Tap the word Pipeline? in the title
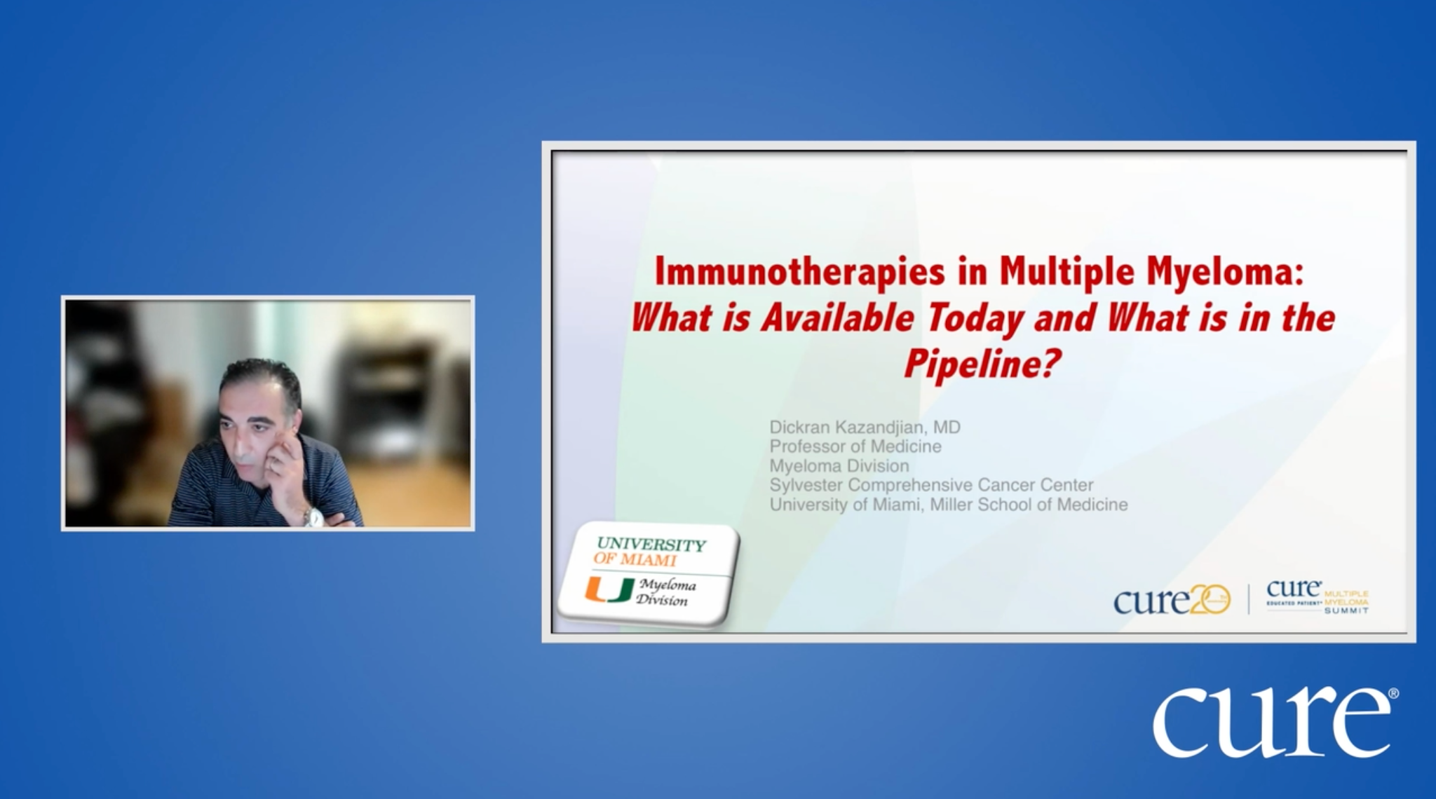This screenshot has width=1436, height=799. pyautogui.click(x=980, y=364)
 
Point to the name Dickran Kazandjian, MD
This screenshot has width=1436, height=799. pyautogui.click(x=865, y=427)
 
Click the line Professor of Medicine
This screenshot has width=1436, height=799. pyautogui.click(x=855, y=446)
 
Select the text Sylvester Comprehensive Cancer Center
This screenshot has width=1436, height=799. pyautogui.click(x=931, y=485)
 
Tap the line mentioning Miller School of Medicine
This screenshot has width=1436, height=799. pyautogui.click(x=948, y=505)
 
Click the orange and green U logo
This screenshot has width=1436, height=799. pyautogui.click(x=609, y=591)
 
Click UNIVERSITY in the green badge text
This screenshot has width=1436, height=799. pyautogui.click(x=651, y=545)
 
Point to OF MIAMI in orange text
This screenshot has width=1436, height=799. pyautogui.click(x=635, y=560)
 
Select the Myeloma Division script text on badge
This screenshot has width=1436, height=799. pyautogui.click(x=665, y=593)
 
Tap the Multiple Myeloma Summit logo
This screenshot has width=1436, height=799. pyautogui.click(x=1318, y=598)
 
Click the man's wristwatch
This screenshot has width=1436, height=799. pyautogui.click(x=313, y=517)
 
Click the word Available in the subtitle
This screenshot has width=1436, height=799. pyautogui.click(x=837, y=319)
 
